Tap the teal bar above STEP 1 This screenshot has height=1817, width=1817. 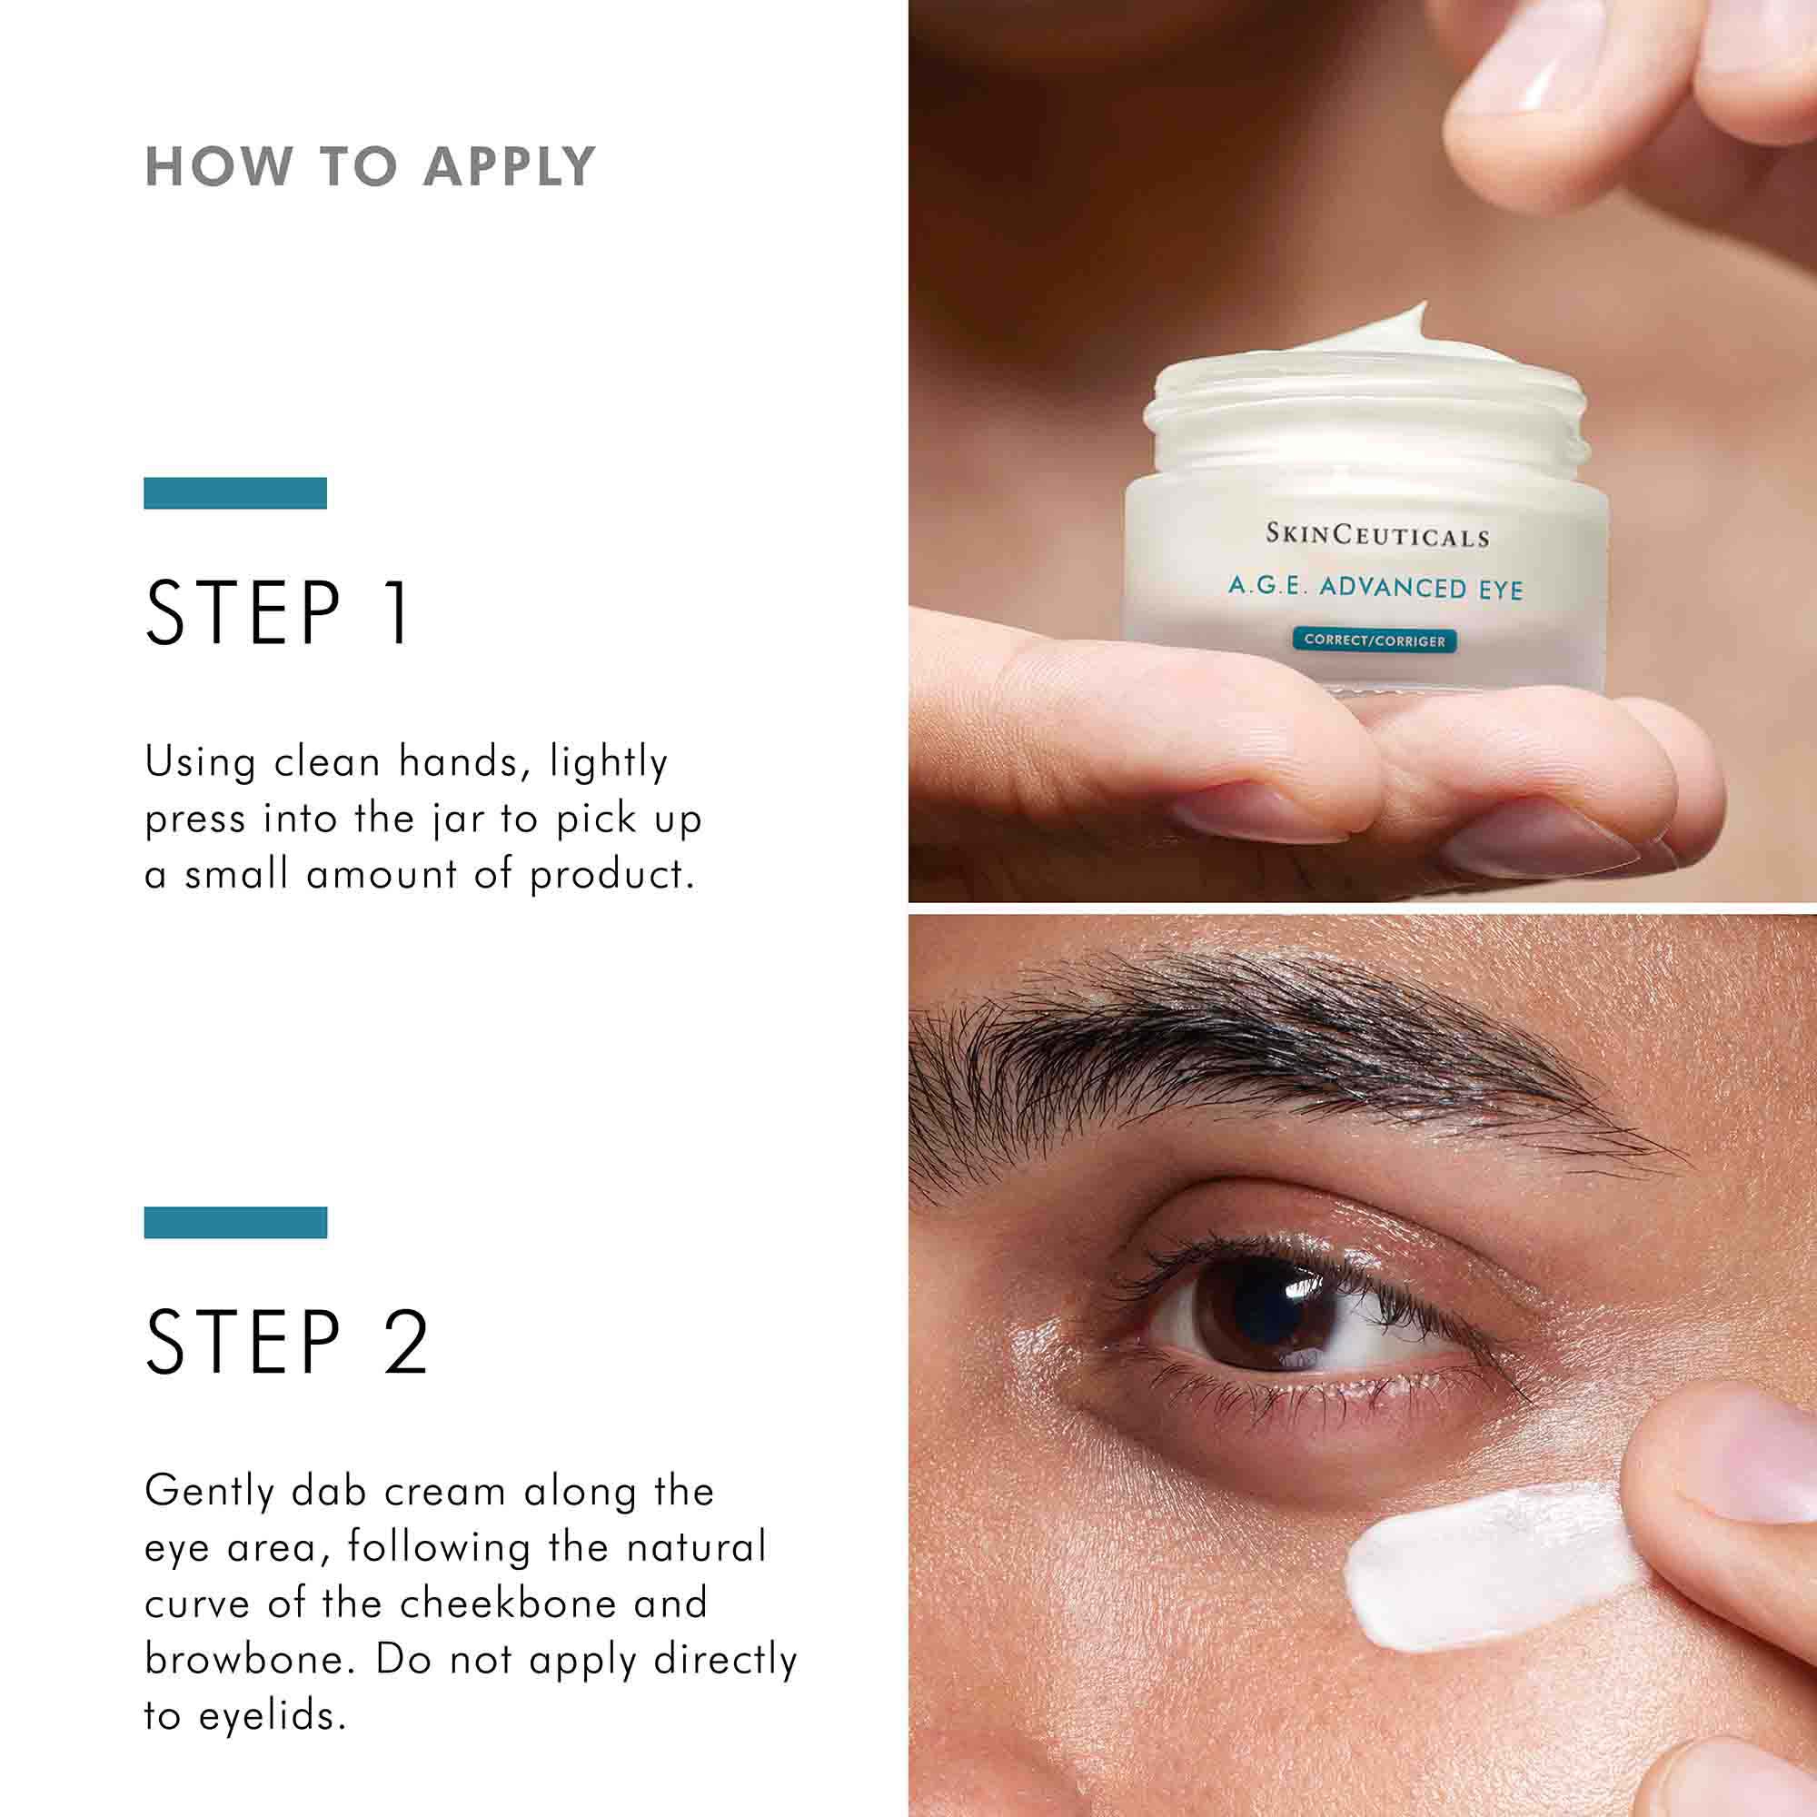click(x=235, y=492)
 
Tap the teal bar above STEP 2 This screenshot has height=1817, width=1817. click(x=235, y=1223)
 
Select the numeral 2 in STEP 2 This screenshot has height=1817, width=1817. click(x=405, y=1343)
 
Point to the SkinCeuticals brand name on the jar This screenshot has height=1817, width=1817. click(x=1377, y=536)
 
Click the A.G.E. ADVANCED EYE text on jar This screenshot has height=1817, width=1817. click(x=1375, y=588)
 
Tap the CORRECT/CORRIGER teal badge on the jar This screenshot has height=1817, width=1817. click(x=1374, y=640)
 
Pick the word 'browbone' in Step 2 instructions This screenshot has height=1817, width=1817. click(x=249, y=1660)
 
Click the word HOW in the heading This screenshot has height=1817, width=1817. click(x=218, y=167)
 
